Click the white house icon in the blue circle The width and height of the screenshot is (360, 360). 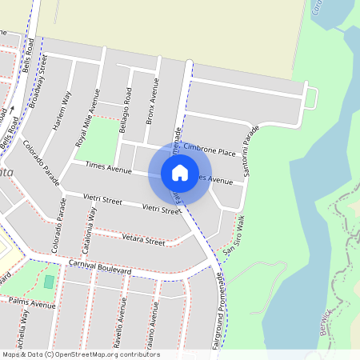point(180,172)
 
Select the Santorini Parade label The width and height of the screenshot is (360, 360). point(253,151)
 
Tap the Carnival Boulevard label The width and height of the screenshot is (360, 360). point(99,266)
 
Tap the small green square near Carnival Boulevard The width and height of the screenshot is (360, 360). point(50,282)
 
